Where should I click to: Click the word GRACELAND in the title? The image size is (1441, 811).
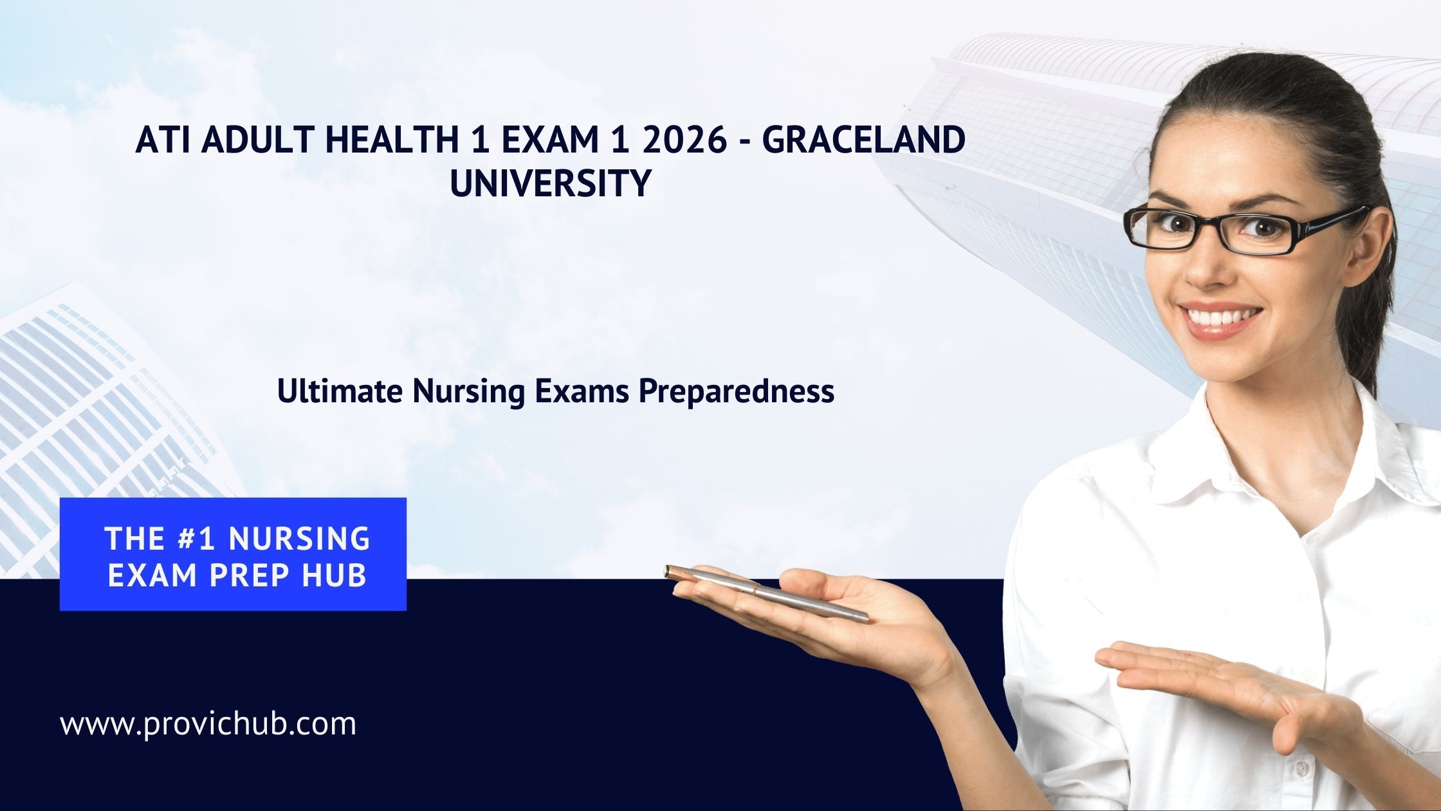click(x=864, y=140)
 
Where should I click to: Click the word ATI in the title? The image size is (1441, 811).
click(x=161, y=140)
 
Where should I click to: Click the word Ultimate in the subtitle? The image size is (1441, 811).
click(x=339, y=391)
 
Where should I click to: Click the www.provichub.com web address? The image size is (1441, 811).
click(x=208, y=725)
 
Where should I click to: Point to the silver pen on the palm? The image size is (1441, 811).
click(x=766, y=593)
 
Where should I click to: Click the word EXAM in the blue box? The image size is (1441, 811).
click(x=150, y=575)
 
